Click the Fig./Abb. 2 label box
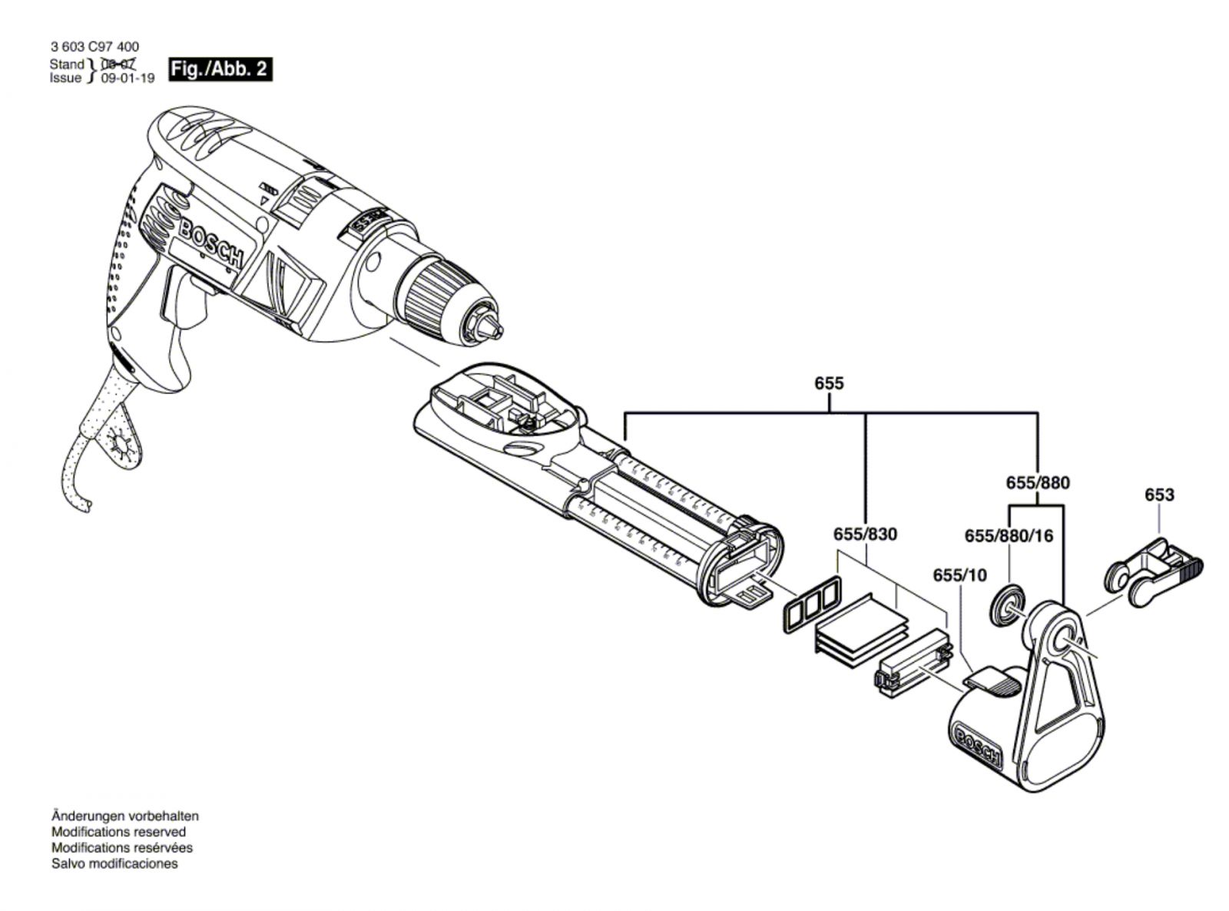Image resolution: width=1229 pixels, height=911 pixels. [220, 69]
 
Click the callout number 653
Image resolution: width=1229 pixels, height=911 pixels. [1158, 495]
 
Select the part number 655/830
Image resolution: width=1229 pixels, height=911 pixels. [865, 533]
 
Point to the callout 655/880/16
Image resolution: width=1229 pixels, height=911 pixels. [1009, 535]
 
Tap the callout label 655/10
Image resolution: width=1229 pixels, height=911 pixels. [959, 575]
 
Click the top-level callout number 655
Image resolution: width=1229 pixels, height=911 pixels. [830, 383]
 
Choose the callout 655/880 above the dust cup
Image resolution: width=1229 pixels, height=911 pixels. [1037, 482]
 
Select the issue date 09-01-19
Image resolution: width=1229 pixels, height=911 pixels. [128, 78]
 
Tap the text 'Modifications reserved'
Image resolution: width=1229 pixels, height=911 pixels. [118, 832]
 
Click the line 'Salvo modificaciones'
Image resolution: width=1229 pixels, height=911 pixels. [114, 863]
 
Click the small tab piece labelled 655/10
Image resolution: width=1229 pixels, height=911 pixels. [988, 680]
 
